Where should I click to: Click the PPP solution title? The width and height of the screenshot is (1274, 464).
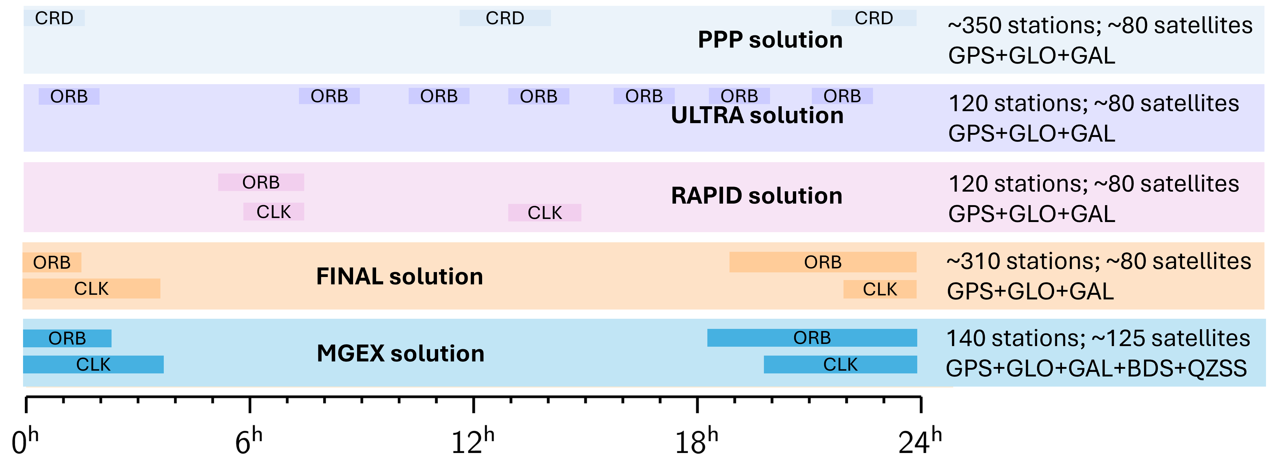tap(770, 40)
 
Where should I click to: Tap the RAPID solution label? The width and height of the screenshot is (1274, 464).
tap(757, 196)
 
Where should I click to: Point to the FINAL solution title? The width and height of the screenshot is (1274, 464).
tap(399, 276)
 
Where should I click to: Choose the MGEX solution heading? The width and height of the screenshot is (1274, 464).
tap(401, 353)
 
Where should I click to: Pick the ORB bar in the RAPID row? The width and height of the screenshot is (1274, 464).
tap(261, 182)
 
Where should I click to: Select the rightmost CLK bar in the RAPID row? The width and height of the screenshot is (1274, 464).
tap(545, 213)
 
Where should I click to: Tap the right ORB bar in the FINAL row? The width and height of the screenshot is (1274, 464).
tap(823, 262)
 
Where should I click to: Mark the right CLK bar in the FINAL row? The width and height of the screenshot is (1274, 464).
tap(880, 289)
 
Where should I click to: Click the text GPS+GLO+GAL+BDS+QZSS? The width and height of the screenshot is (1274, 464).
tap(1096, 368)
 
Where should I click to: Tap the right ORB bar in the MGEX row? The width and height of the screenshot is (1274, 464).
tap(812, 338)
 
